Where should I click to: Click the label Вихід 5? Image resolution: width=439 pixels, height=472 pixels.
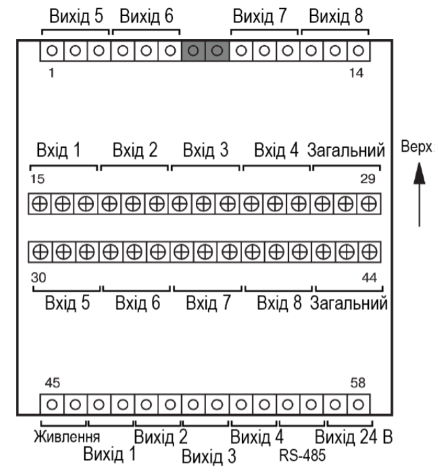click(x=76, y=16)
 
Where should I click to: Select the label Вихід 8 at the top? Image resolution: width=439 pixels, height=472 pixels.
click(x=336, y=16)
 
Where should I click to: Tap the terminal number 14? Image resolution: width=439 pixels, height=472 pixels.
click(x=357, y=73)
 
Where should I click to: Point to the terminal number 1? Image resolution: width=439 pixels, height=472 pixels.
click(x=52, y=73)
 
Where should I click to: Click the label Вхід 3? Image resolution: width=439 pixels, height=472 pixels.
click(x=205, y=150)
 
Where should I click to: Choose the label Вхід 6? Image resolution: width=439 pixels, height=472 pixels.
click(x=138, y=303)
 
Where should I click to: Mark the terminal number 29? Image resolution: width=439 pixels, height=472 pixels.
click(x=368, y=179)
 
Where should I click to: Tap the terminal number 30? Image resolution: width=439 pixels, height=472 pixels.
click(x=38, y=278)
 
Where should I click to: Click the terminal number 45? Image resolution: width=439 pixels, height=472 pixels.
click(x=52, y=383)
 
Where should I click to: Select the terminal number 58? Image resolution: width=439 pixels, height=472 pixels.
click(x=358, y=383)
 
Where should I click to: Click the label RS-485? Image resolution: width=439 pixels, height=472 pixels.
click(x=302, y=455)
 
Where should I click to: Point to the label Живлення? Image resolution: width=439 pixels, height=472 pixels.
click(x=66, y=437)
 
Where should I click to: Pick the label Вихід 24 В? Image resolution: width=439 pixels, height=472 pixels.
click(x=353, y=437)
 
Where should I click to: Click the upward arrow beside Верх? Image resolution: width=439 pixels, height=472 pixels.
click(x=419, y=194)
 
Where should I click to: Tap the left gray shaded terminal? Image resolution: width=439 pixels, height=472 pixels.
click(x=193, y=50)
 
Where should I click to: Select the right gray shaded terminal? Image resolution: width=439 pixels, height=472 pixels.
click(x=217, y=50)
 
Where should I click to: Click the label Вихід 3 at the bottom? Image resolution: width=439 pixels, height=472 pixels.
click(x=209, y=456)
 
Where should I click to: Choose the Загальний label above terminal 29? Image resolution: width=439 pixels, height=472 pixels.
click(x=346, y=150)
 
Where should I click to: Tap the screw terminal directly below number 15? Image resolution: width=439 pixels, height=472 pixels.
click(x=40, y=204)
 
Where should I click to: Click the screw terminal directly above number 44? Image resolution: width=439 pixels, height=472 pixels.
click(x=369, y=252)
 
